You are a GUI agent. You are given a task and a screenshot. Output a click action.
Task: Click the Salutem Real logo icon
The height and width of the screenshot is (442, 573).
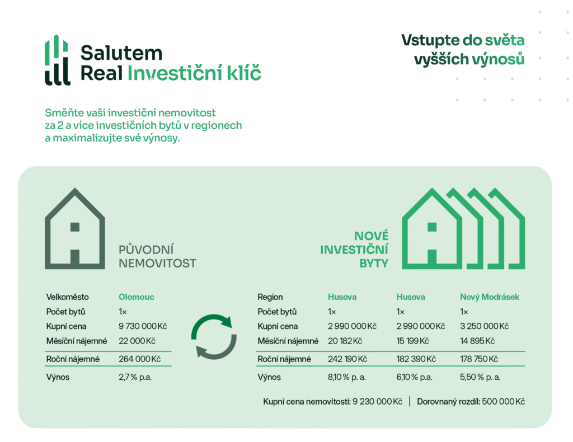coord(58,60)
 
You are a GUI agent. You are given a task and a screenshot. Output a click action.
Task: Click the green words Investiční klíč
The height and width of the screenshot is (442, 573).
coord(194,73)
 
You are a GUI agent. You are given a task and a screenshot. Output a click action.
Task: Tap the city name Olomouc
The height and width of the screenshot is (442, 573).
coord(137,297)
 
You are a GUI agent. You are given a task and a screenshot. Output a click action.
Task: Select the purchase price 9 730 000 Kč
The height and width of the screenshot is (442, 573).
coord(143,326)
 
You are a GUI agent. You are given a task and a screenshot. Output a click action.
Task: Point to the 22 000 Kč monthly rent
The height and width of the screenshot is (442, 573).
coord(137,341)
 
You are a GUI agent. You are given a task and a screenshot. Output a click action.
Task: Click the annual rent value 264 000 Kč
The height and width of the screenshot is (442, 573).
coord(139,359)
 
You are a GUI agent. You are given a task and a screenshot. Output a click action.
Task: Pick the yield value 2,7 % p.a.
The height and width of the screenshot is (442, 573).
coord(135,377)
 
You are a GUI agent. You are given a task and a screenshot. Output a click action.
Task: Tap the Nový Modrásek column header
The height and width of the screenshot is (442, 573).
coord(489,297)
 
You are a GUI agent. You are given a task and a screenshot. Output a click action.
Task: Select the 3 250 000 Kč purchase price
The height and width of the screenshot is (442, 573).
coord(484,326)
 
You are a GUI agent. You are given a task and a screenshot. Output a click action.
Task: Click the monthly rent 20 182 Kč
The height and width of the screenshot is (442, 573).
coord(345,341)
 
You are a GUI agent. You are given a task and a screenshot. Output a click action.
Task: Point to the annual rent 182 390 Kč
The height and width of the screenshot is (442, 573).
coord(416,359)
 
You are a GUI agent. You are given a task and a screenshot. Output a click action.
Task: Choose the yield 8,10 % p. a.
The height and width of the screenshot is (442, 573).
coord(347,377)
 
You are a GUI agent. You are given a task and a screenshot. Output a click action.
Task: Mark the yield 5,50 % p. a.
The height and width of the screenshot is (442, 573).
coord(480,377)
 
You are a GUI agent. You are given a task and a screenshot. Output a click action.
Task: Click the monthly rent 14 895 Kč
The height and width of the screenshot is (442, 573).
coord(477,341)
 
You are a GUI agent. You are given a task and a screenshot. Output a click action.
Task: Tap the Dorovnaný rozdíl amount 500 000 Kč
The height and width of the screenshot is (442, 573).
coord(503,402)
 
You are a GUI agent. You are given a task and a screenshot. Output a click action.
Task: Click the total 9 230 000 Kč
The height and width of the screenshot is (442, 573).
coord(377,402)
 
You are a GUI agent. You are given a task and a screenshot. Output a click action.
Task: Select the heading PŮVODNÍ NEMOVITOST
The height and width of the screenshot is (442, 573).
coord(157,256)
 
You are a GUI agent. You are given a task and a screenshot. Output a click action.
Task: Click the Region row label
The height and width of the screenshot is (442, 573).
coord(270,297)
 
